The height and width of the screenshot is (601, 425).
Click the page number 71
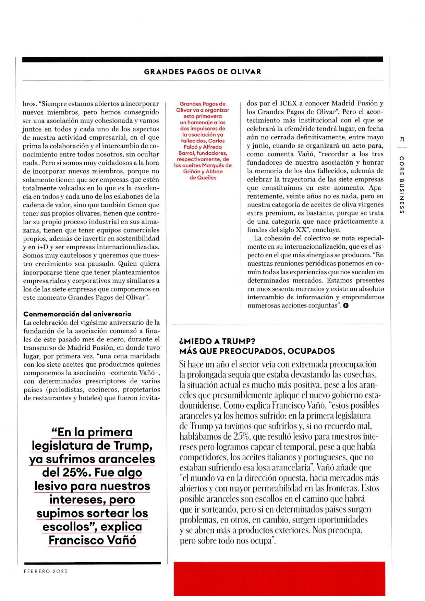tap(402, 139)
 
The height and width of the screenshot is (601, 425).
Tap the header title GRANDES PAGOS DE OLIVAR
tap(203, 72)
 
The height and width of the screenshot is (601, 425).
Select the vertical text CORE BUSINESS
tap(402, 185)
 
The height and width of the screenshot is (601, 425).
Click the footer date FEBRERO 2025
tap(46, 571)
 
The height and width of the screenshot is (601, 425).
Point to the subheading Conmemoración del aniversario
tap(77, 314)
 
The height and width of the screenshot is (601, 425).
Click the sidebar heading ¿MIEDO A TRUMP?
tap(217, 341)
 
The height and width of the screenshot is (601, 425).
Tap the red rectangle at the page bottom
tap(279, 578)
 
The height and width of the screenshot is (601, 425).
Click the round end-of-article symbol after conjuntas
tap(346, 305)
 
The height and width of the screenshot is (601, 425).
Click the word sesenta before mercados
tap(277, 289)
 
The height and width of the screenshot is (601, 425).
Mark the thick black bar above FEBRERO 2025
tap(92, 563)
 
